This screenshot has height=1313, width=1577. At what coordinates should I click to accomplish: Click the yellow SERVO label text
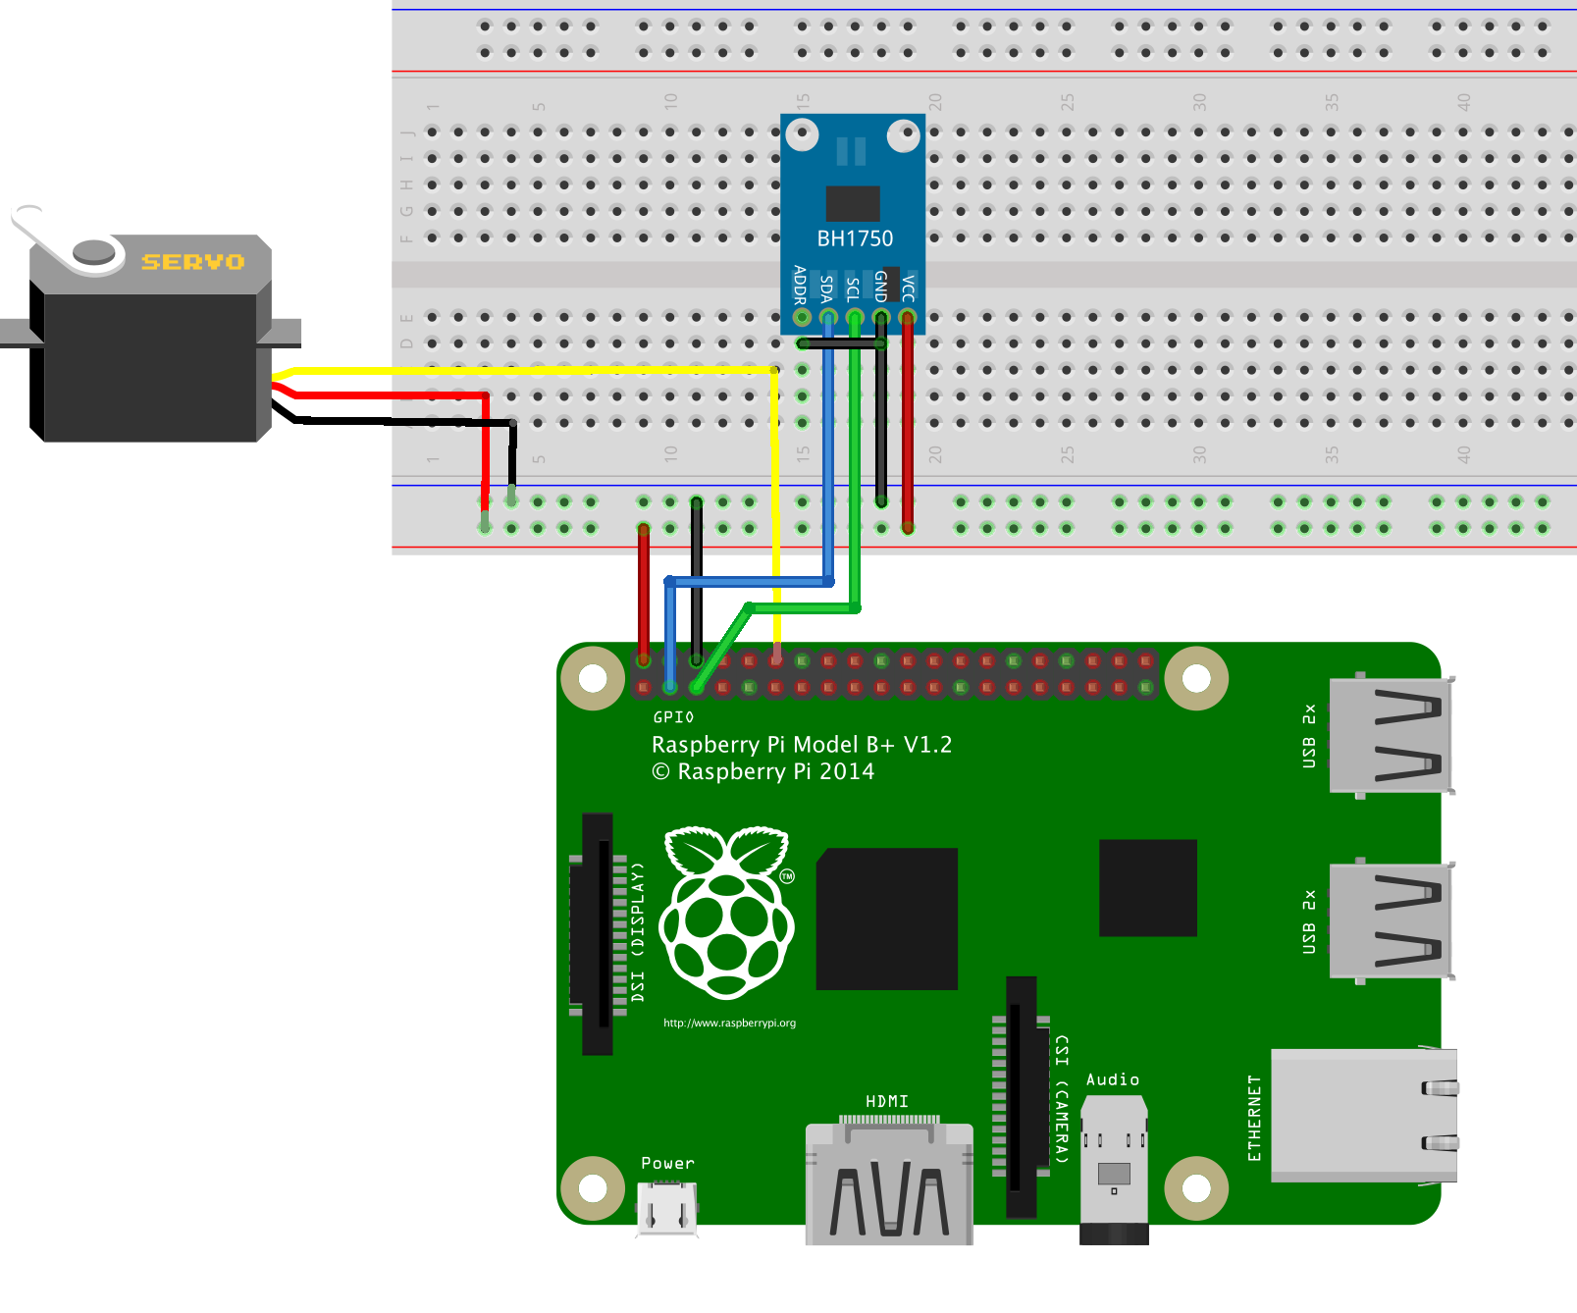click(192, 262)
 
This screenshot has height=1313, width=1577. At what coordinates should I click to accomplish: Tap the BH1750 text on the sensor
click(855, 238)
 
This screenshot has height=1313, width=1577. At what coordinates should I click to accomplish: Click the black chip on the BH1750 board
click(852, 203)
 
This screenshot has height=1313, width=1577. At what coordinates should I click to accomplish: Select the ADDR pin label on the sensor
click(800, 285)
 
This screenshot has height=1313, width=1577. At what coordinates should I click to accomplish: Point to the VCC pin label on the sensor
click(908, 288)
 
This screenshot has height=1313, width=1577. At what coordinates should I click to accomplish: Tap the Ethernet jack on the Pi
click(1362, 1115)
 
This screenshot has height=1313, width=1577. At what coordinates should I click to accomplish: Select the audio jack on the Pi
click(1114, 1168)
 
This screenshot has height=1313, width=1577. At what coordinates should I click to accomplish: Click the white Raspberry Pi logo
click(726, 913)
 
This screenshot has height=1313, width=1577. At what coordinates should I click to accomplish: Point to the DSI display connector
click(598, 933)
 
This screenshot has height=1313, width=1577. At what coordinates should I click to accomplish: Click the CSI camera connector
click(1022, 1096)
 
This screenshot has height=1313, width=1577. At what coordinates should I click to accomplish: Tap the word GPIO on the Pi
click(673, 717)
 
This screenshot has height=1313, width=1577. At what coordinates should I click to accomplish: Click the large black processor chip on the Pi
click(887, 919)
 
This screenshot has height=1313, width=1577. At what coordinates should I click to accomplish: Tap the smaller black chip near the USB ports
click(1147, 887)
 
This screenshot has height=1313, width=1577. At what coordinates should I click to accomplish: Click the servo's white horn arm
click(44, 236)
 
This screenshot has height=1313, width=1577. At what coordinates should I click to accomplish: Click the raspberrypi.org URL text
click(729, 1023)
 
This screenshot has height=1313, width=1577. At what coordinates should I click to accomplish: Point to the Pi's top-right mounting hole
click(1196, 678)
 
